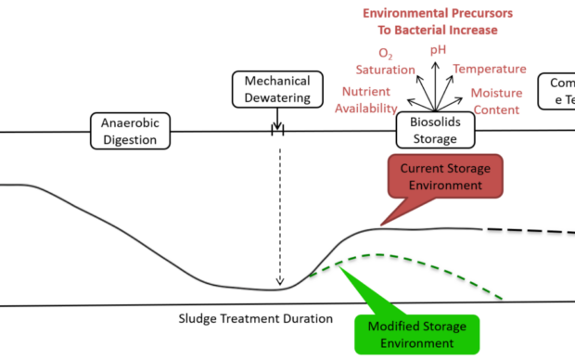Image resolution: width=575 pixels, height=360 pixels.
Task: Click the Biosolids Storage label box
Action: pos(434,131)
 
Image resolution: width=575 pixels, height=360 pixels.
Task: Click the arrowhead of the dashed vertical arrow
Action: pos(279,283)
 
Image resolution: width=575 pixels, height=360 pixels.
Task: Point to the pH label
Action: pos(438,49)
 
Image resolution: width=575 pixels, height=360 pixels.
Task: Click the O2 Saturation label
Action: pos(385,62)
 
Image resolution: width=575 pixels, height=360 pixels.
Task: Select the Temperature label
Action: pos(490,69)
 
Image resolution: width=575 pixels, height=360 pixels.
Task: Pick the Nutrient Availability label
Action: pos(365,100)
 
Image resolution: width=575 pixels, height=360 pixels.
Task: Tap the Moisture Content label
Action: pos(496,101)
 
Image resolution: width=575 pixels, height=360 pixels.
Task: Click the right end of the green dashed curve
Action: pos(502,298)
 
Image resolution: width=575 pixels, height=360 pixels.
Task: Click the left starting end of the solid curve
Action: pos(3,186)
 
